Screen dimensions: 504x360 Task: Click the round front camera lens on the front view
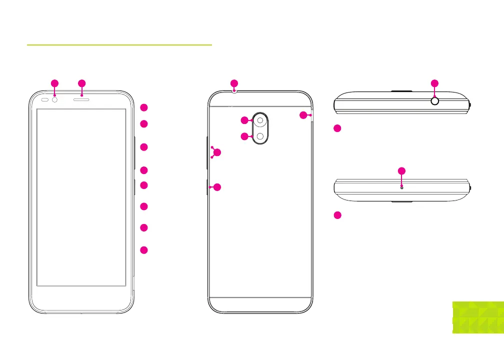coord(54,99)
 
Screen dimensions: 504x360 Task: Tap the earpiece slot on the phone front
coord(82,99)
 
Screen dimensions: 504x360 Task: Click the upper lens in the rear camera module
coord(260,120)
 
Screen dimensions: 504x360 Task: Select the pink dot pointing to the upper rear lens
coord(244,120)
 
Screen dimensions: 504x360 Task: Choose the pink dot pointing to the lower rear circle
coord(244,136)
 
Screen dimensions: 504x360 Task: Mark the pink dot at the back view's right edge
coord(303,115)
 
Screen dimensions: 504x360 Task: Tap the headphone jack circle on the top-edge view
coord(434,101)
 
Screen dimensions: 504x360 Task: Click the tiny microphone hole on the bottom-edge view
coord(401,187)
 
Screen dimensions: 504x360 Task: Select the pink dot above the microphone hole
coord(401,171)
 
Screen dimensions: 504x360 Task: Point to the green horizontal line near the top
coord(119,44)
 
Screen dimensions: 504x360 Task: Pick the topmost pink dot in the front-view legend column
coord(144,107)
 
